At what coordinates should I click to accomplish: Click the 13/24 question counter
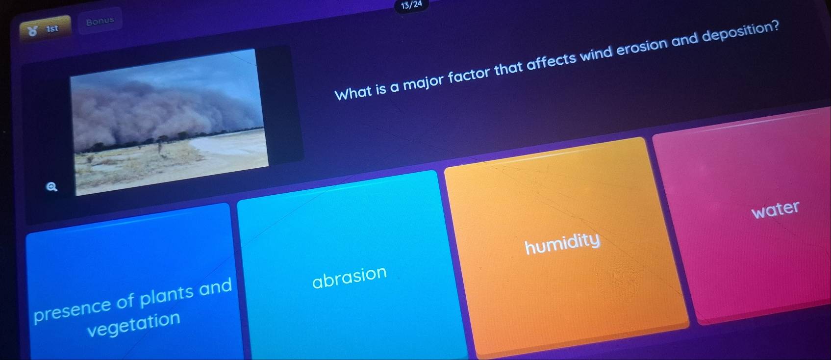(411, 5)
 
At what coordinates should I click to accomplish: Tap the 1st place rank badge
(45, 28)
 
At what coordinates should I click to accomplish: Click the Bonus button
(100, 21)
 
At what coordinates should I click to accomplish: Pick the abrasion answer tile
(351, 267)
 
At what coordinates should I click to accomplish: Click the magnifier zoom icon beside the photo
(51, 187)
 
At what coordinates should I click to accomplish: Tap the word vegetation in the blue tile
(133, 324)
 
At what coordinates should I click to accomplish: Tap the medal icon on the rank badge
(33, 31)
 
